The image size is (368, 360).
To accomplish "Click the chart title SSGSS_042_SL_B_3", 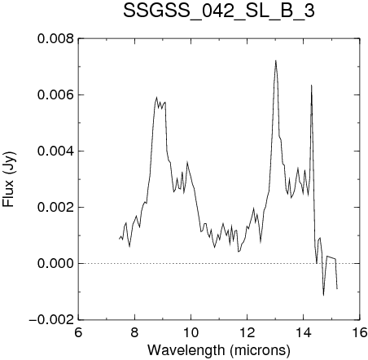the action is tap(219, 11).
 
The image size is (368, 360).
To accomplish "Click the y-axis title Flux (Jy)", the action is tap(9, 179).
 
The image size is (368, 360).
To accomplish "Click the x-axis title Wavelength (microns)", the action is tap(219, 350).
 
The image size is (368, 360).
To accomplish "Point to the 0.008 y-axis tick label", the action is tap(55, 39).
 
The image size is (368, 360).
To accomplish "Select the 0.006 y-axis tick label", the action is tap(55, 95).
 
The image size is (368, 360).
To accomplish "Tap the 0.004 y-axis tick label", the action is tap(55, 151).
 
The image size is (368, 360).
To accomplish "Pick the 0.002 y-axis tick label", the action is tap(55, 208).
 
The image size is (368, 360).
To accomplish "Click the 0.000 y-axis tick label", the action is tap(55, 264).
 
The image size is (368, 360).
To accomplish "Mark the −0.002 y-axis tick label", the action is tap(51, 320).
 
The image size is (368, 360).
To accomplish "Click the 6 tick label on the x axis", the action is tap(78, 332).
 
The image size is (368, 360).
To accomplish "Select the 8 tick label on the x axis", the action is tap(134, 332).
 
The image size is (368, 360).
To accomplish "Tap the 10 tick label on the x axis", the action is tap(191, 332).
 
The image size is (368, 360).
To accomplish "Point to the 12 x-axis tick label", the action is tap(248, 332).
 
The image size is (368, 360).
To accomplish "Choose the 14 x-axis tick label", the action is tap(304, 332).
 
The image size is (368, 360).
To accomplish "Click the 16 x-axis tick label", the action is tap(360, 332).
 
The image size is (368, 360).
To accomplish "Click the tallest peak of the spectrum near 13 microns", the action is tap(276, 60).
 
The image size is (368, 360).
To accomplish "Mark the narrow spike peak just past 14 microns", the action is tap(311, 86).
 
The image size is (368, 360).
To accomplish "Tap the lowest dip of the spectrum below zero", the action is tap(323, 295).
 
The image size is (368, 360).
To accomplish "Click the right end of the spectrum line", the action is tap(337, 289).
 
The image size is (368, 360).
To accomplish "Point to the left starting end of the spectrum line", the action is tap(119, 239).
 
